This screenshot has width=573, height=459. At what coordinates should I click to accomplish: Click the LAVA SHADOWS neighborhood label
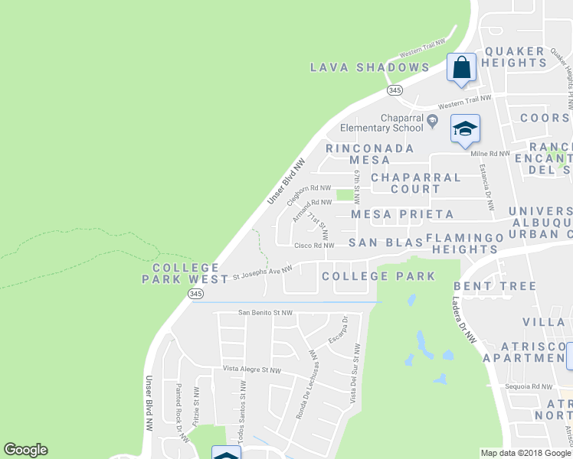(370, 67)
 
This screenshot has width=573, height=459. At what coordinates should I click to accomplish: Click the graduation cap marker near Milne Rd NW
(464, 129)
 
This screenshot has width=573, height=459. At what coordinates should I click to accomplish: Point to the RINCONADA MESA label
(369, 154)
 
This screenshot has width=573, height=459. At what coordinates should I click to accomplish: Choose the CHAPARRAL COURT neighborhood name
(416, 183)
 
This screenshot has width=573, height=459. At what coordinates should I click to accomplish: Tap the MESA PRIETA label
(402, 214)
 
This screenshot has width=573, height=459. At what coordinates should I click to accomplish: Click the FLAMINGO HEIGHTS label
(464, 243)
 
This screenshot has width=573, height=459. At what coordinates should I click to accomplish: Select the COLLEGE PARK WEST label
(185, 273)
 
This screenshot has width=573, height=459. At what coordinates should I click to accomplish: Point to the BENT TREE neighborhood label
(495, 286)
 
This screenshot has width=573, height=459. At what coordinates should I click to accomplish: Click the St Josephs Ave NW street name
(263, 269)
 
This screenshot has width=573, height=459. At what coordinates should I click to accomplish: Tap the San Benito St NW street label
(265, 312)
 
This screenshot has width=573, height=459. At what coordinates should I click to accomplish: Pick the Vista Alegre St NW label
(252, 369)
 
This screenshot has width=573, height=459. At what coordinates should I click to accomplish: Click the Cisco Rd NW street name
(314, 246)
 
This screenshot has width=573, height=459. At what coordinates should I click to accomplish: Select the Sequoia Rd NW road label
(529, 387)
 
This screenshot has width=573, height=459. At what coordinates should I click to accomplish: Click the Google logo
(25, 450)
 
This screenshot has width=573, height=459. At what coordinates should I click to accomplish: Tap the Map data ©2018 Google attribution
(526, 453)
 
